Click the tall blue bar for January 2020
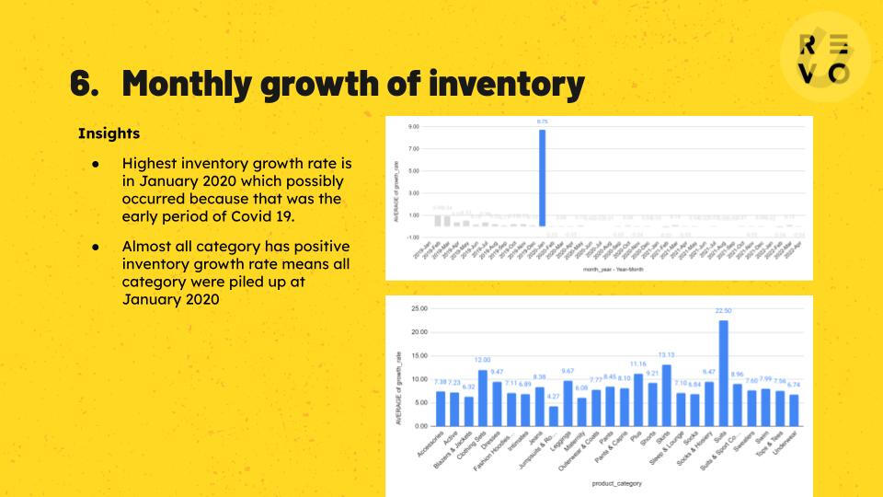click(542, 179)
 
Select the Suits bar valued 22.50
click(723, 373)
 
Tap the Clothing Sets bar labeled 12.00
click(482, 398)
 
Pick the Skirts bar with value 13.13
click(666, 395)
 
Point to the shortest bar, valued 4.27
click(553, 416)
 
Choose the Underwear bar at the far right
click(794, 410)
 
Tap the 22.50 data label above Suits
click(723, 311)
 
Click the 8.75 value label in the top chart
click(542, 121)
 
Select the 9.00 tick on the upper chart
click(414, 126)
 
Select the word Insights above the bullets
click(109, 133)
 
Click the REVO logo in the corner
click(824, 60)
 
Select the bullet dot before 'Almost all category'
click(95, 248)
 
